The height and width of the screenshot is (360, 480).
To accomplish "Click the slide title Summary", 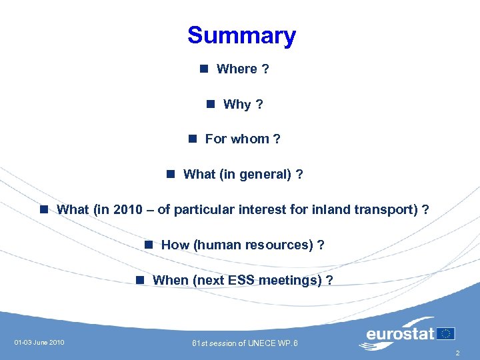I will pyautogui.click(x=241, y=35).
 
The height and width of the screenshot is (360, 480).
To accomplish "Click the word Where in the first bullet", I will pyautogui.click(x=237, y=69).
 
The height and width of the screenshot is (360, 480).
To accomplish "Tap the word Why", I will pyautogui.click(x=237, y=104).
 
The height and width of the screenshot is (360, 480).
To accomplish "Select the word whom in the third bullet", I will pyautogui.click(x=250, y=139).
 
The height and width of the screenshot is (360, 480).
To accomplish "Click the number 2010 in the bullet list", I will pyautogui.click(x=128, y=209).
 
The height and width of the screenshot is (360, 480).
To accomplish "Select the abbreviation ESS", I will pyautogui.click(x=241, y=280).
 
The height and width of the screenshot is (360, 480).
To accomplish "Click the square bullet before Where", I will pyautogui.click(x=203, y=68).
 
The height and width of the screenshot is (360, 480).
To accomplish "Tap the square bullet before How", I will pyautogui.click(x=148, y=244).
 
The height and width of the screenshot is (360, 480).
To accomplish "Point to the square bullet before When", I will pyautogui.click(x=139, y=279).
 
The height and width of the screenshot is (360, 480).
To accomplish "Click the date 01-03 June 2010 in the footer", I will pyautogui.click(x=39, y=343).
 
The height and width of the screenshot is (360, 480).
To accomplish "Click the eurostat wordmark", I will pyautogui.click(x=400, y=334).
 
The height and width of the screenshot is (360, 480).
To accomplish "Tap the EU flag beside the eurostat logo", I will pyautogui.click(x=446, y=333).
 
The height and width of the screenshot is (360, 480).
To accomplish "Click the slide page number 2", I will pyautogui.click(x=457, y=353).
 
